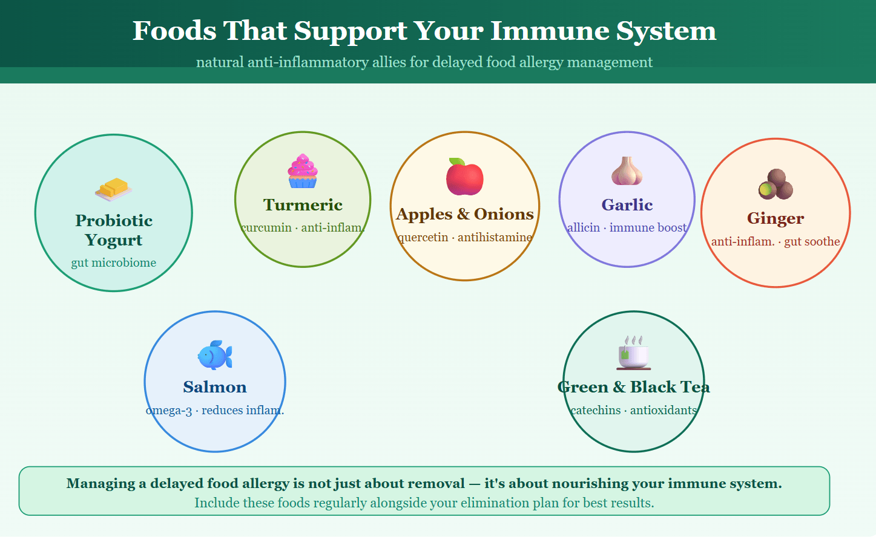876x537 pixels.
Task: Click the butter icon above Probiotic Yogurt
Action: [113, 189]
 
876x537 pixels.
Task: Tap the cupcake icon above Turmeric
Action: [303, 171]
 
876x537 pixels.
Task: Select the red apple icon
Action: [464, 177]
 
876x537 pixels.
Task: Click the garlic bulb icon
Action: [627, 171]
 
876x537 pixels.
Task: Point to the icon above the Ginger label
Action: [776, 184]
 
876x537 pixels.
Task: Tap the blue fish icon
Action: [215, 355]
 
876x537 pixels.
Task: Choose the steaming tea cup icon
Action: [633, 353]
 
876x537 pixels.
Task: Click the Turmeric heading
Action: [303, 205]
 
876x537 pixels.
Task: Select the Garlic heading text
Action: [627, 205]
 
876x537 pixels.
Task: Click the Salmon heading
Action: [215, 387]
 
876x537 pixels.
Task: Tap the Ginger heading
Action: [776, 218]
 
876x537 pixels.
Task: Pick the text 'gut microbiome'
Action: [113, 262]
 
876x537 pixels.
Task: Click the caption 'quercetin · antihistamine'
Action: [464, 237]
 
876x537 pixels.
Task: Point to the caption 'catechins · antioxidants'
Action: [633, 410]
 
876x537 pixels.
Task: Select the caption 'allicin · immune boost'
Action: [627, 227]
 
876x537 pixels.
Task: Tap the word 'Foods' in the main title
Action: [174, 31]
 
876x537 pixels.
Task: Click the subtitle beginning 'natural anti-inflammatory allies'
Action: [424, 62]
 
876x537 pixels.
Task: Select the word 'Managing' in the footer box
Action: [100, 484]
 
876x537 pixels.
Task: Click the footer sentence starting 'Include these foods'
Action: [424, 503]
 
